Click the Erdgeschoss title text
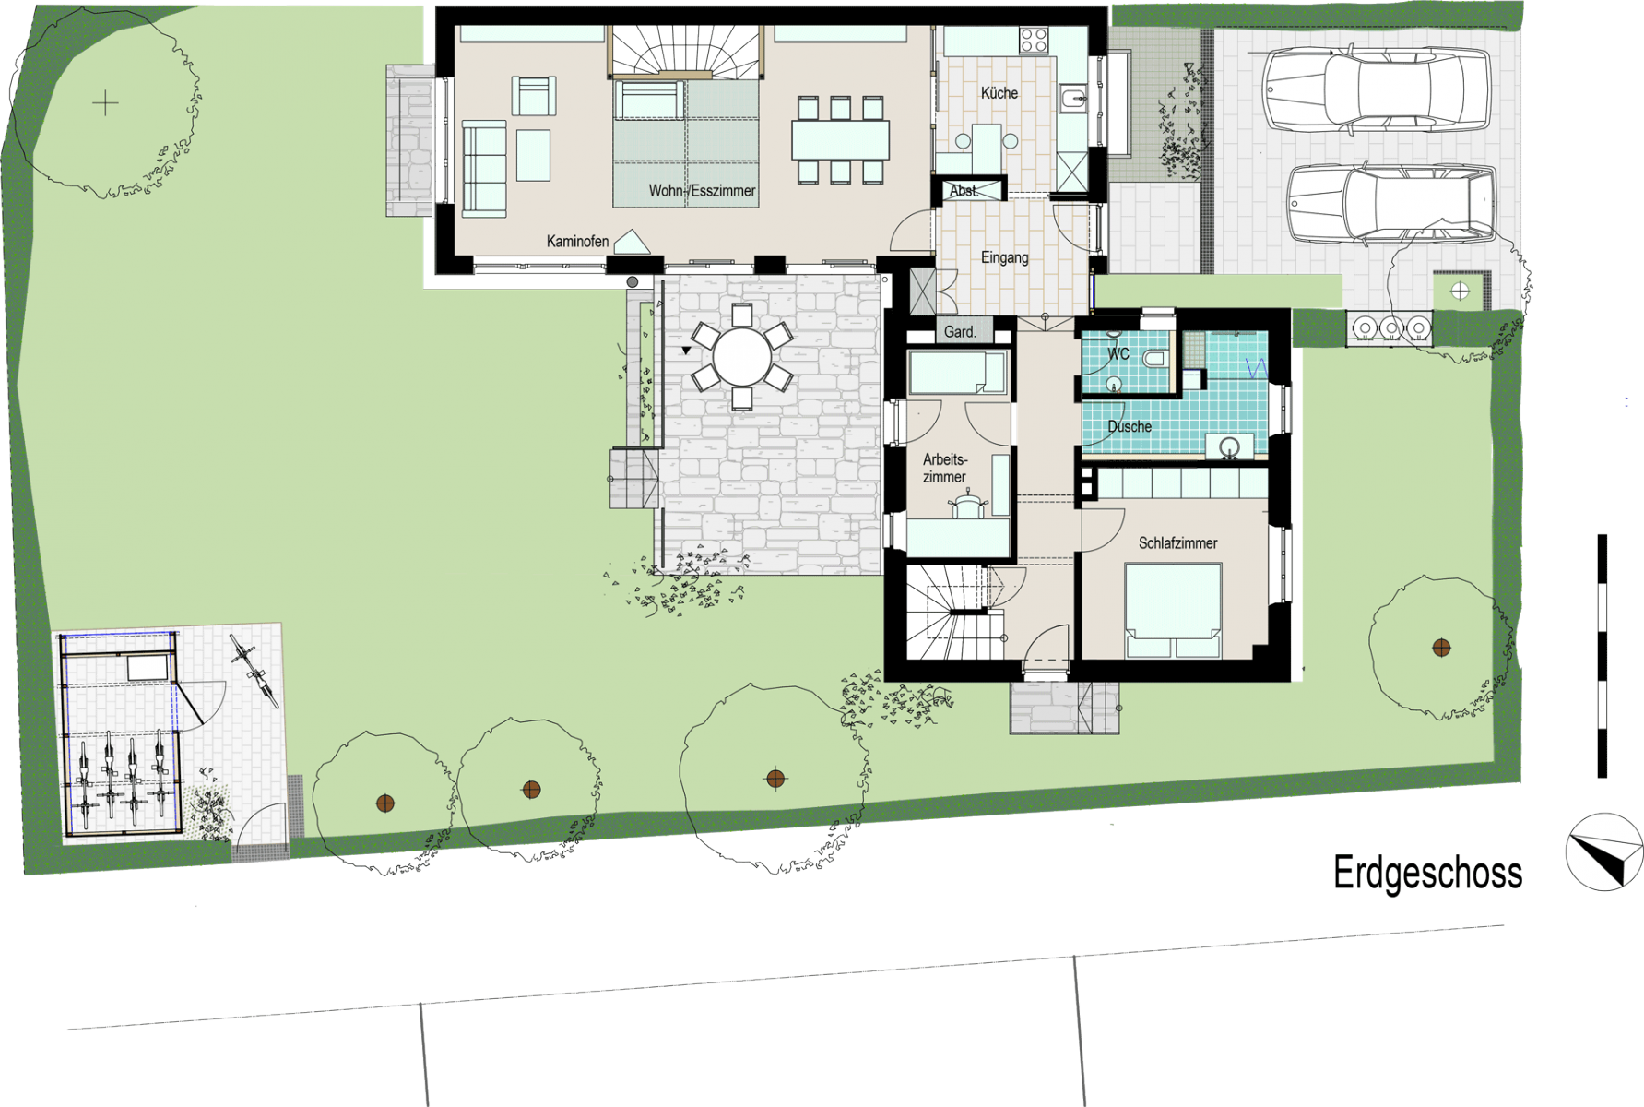tap(1427, 874)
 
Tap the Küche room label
tap(999, 93)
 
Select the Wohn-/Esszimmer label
tap(702, 191)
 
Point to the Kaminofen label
tap(577, 242)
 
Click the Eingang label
tap(1005, 257)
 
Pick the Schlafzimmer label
tap(1177, 542)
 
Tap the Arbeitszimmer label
tap(945, 468)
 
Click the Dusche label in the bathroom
tap(1130, 426)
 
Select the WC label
tap(1118, 353)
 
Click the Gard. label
tap(960, 332)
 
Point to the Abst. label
tap(964, 191)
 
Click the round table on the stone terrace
tap(742, 358)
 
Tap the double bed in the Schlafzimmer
tap(1173, 611)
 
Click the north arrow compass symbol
tap(1604, 851)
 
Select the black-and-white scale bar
tap(1603, 655)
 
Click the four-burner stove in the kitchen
tap(1034, 40)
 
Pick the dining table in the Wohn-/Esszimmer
tap(840, 140)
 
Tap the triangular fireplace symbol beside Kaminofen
tap(632, 242)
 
